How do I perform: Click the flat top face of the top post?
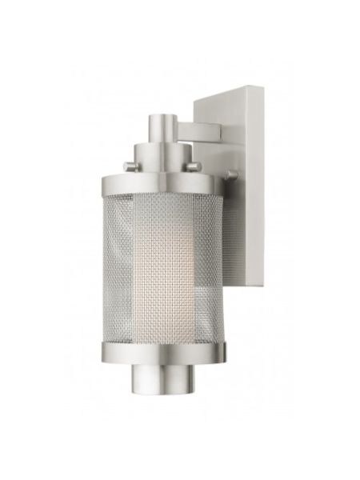click(x=161, y=117)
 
